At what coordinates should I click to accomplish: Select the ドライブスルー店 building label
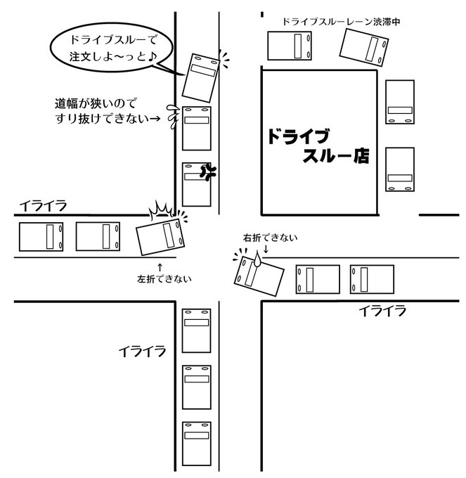pos(318,146)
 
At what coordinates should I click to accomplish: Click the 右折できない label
pos(270,238)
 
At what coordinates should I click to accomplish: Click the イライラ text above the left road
pos(44,205)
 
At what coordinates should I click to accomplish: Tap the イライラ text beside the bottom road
pos(142,349)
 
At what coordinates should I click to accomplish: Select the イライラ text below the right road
pos(382,310)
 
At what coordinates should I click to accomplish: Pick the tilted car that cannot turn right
pos(259,273)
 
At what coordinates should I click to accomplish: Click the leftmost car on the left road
pos(41,237)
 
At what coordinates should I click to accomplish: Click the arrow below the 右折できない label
pos(267,249)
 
